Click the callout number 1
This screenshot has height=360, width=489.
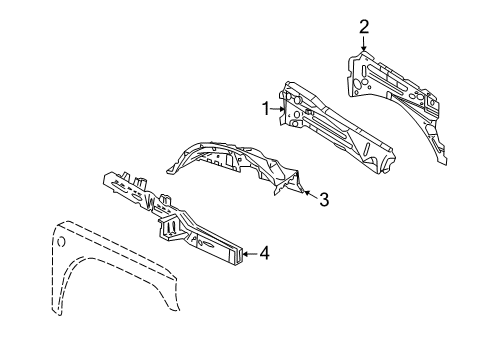tap(267, 109)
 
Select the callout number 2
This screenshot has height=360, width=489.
tap(364, 26)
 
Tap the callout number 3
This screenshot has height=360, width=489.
tap(323, 199)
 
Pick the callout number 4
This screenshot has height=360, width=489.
tap(264, 253)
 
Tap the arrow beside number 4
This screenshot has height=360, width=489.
tap(247, 253)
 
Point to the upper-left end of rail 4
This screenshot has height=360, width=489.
tap(107, 180)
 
